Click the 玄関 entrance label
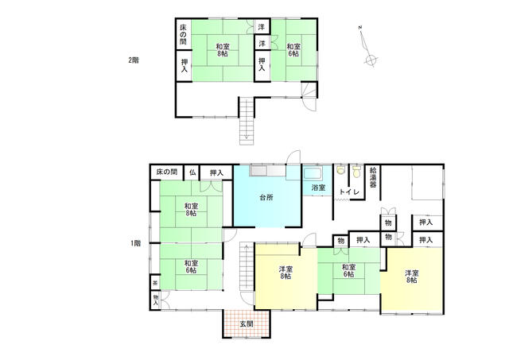point(247,323)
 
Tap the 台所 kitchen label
point(266,197)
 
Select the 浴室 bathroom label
point(318,188)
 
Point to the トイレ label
point(349,192)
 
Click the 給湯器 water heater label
point(373,177)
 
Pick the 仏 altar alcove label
point(192,172)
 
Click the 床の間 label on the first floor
point(166,172)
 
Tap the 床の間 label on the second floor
point(184,34)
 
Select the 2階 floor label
point(134,60)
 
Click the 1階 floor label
point(136,243)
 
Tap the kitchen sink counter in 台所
point(267,171)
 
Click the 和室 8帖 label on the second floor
point(223,50)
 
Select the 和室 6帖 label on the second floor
point(293,50)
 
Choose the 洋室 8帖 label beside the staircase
point(286,273)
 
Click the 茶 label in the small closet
point(155,283)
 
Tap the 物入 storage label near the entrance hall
point(156,300)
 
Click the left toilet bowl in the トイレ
point(340,170)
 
